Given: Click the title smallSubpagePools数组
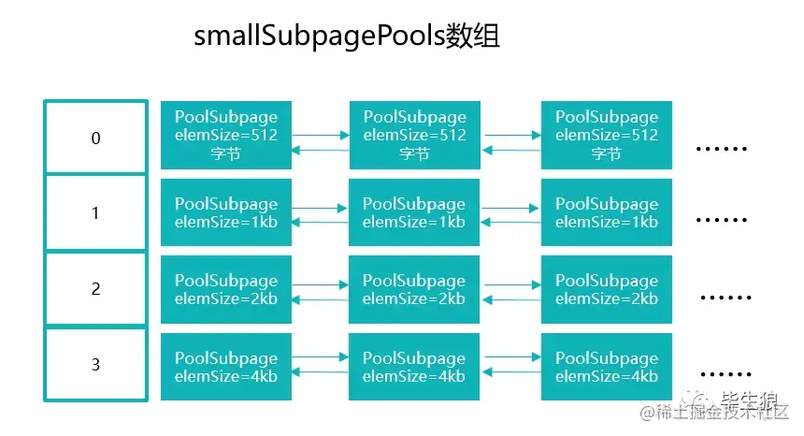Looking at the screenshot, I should click(x=347, y=36).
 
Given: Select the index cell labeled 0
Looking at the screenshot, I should click(x=95, y=138).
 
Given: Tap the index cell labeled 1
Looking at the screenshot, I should click(x=95, y=213).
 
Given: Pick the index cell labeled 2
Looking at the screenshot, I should click(x=95, y=289).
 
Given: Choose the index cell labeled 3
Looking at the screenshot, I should click(x=95, y=365).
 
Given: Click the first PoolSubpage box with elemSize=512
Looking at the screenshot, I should click(x=226, y=136).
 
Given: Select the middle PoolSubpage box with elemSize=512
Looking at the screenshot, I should click(x=414, y=136).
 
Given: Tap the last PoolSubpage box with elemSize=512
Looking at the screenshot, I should click(x=607, y=136).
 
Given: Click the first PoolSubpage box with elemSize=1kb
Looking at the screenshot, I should click(x=226, y=213).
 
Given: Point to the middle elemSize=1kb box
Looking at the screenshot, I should click(x=414, y=213).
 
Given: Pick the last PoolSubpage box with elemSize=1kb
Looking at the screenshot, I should click(x=607, y=213).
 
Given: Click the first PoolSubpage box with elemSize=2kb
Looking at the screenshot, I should click(x=226, y=289).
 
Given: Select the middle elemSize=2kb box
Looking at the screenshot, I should click(x=414, y=289).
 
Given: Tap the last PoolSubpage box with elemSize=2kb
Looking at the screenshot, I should click(x=607, y=289).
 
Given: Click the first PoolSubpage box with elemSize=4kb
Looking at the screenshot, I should click(x=226, y=367).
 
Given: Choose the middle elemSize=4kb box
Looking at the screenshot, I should click(x=414, y=367).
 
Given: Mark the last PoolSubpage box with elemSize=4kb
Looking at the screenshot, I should click(x=607, y=367).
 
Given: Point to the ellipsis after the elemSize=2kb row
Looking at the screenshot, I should click(x=725, y=298).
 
